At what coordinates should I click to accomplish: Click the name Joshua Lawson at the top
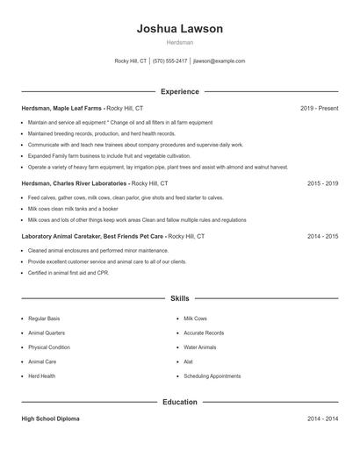(x=179, y=29)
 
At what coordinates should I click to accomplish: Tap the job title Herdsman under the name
(x=179, y=42)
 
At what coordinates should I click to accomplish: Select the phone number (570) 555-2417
(x=169, y=61)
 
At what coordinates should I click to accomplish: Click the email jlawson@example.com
(x=219, y=61)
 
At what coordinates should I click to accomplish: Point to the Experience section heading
(x=179, y=91)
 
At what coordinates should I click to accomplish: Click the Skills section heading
(x=179, y=298)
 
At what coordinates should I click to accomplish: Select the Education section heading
(x=179, y=402)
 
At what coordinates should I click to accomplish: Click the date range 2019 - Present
(x=319, y=108)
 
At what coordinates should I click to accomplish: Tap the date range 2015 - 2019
(x=322, y=183)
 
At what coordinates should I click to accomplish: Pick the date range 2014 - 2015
(x=322, y=236)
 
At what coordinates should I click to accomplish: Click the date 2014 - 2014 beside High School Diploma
(x=322, y=419)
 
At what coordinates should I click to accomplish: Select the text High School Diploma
(x=50, y=419)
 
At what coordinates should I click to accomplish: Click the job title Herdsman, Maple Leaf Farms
(x=61, y=108)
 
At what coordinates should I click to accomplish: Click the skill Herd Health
(x=41, y=376)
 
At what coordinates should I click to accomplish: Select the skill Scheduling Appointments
(x=212, y=376)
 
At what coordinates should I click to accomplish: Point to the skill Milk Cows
(x=195, y=318)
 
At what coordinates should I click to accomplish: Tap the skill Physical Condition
(x=48, y=347)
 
